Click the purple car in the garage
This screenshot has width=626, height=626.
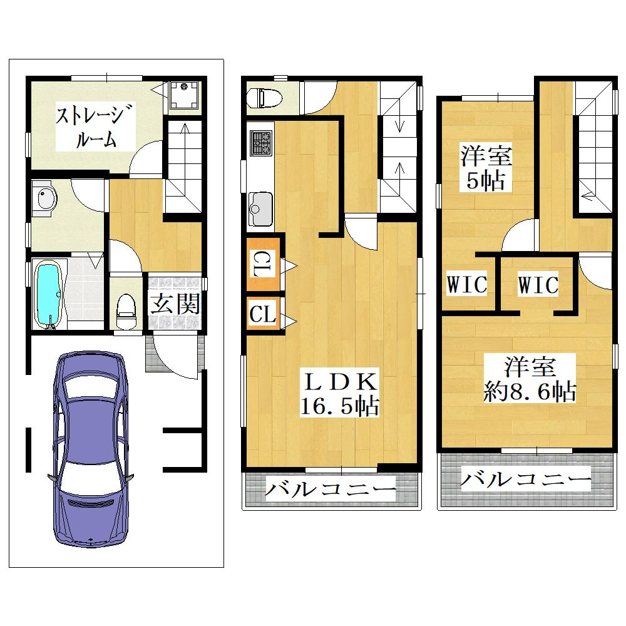tap(91, 449)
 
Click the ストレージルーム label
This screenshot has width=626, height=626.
tap(96, 126)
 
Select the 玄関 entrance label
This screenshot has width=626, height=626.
tap(175, 304)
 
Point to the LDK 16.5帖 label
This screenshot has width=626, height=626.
tap(340, 394)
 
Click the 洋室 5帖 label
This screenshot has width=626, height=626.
tap(486, 168)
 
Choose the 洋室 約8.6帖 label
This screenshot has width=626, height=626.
tap(530, 379)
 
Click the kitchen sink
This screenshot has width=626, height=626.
tap(260, 209)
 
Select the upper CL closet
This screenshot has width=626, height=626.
tap(263, 264)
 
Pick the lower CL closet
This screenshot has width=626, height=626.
tap(263, 314)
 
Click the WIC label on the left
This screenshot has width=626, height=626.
tap(467, 284)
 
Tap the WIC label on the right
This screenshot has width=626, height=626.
tap(538, 285)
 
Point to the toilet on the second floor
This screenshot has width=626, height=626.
tap(264, 98)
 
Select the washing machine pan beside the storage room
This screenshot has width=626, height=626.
tap(184, 95)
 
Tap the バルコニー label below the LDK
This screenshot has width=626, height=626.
tap(331, 488)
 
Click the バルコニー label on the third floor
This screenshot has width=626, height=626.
tap(526, 479)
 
